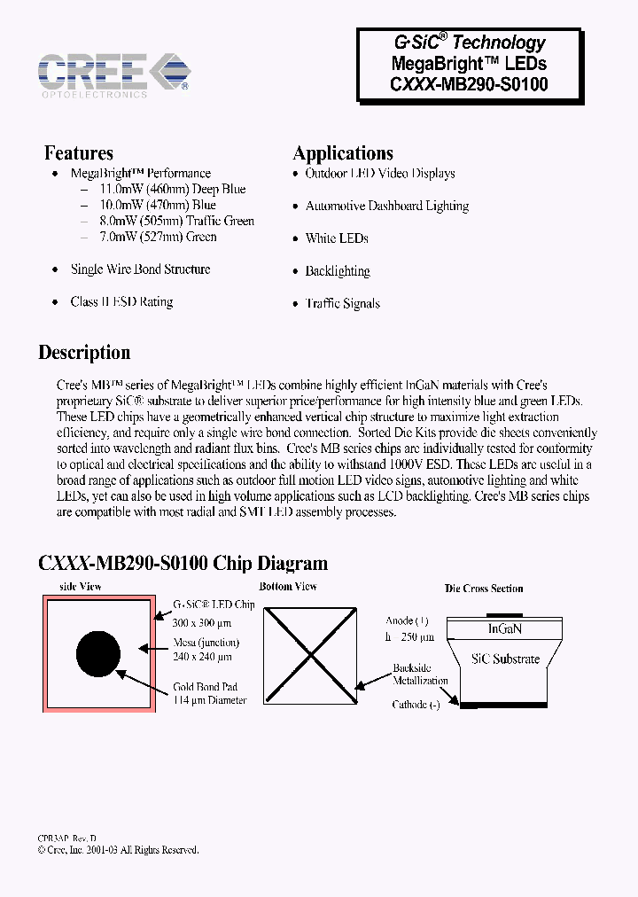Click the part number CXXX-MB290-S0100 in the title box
point(469,85)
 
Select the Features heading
point(79,153)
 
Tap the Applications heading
point(343,153)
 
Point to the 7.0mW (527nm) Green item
point(157,237)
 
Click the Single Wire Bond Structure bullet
point(140,269)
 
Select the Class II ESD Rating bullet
point(121,302)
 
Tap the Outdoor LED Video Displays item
point(379,174)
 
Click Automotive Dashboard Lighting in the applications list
point(386,206)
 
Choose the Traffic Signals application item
point(342,303)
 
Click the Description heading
point(84,353)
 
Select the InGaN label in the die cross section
point(505,628)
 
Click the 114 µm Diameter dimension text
point(210,700)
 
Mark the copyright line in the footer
point(119,849)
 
